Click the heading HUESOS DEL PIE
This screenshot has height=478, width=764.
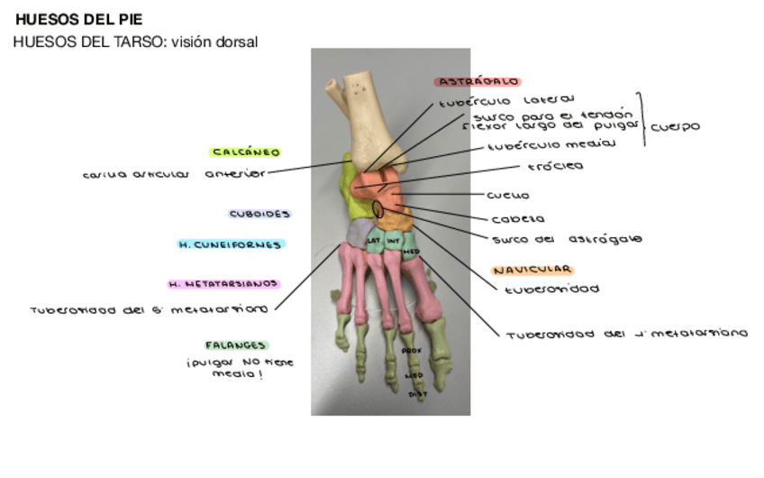(79, 19)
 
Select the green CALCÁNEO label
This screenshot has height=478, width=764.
(245, 152)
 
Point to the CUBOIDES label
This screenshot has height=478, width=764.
(259, 215)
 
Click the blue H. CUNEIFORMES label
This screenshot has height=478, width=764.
(230, 244)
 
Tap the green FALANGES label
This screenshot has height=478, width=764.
(236, 345)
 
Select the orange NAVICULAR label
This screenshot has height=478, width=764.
(532, 270)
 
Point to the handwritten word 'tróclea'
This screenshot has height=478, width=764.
(555, 167)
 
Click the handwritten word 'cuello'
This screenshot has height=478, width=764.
(507, 195)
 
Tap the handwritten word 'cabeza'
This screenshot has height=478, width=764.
(517, 219)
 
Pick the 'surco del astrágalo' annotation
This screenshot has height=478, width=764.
(566, 239)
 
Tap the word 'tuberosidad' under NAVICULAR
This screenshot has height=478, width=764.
(550, 290)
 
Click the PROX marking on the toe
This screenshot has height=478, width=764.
(411, 351)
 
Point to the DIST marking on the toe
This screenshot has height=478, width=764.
(418, 393)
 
